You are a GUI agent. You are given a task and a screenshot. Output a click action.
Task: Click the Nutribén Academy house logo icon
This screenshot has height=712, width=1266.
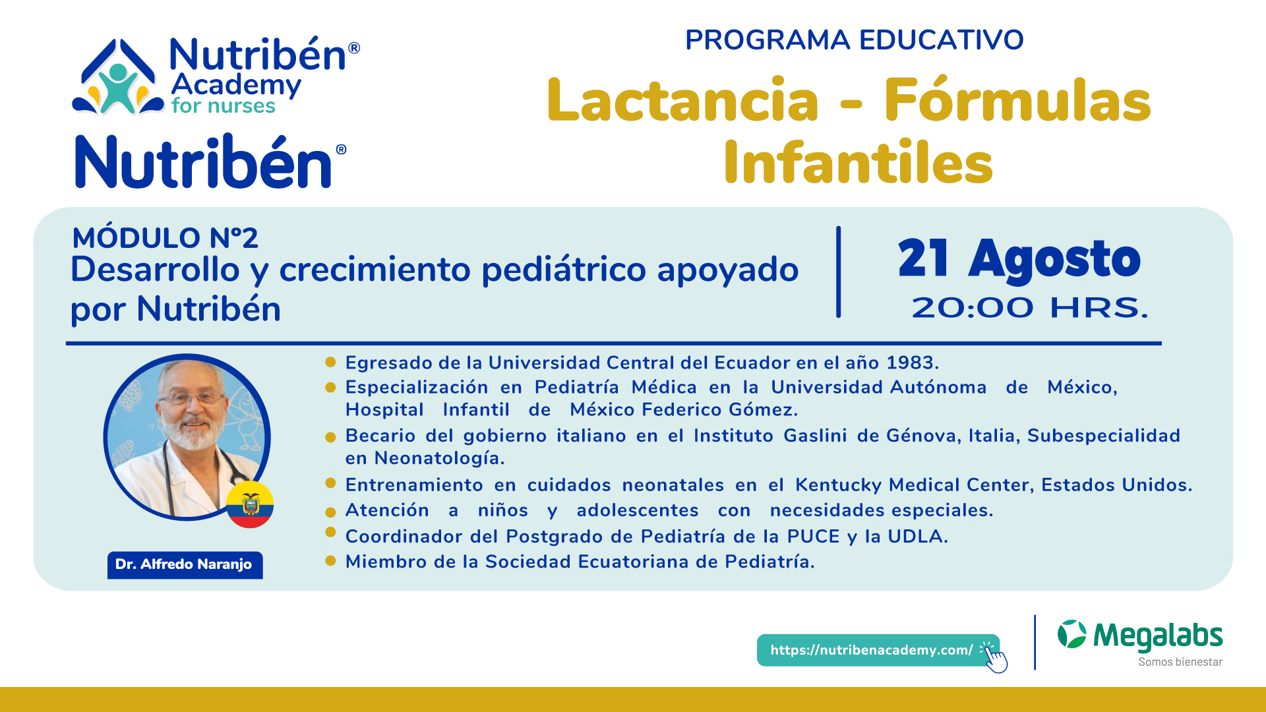click(x=118, y=78)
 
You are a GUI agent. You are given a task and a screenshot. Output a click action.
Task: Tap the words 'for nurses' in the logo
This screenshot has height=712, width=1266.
click(x=223, y=106)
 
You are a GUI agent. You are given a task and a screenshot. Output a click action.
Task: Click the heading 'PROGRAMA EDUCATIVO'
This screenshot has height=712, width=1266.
click(x=854, y=40)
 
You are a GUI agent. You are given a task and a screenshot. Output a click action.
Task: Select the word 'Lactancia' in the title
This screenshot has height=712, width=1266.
click(x=682, y=101)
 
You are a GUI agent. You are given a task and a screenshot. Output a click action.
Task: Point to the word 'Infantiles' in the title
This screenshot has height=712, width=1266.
click(x=858, y=162)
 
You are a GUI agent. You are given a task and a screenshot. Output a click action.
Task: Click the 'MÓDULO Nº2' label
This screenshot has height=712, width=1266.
click(x=165, y=238)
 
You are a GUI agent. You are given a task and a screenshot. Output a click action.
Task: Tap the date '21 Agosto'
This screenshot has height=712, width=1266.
click(x=1019, y=259)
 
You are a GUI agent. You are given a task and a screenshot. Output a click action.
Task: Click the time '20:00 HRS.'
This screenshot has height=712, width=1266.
click(x=1030, y=308)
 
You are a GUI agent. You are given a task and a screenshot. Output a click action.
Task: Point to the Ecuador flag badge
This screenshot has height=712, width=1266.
click(x=250, y=504)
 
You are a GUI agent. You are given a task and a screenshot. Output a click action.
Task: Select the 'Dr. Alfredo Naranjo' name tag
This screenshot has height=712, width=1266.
click(x=185, y=565)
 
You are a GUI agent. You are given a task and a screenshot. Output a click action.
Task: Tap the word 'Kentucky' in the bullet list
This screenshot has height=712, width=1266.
click(x=838, y=485)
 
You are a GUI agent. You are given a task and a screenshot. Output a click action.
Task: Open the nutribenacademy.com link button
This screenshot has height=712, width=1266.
click(x=878, y=650)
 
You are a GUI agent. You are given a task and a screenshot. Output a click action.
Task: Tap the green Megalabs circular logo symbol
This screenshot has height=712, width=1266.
click(x=1072, y=634)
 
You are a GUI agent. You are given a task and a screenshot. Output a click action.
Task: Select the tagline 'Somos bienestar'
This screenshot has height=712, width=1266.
click(x=1180, y=662)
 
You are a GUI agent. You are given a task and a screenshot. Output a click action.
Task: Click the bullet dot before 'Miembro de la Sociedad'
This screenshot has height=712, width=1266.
click(x=331, y=561)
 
